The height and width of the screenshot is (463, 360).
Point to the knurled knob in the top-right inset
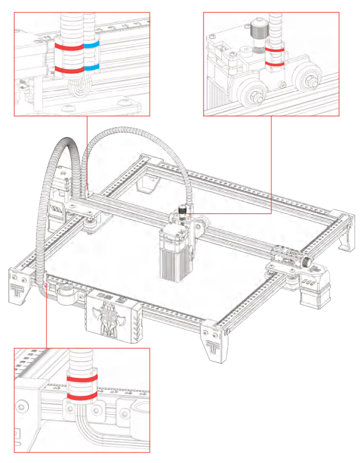255,29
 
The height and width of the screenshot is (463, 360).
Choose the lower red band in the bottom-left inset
81,397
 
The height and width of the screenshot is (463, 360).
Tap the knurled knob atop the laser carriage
182,210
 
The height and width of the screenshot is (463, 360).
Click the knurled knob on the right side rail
305,261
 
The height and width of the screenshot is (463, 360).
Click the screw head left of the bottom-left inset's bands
23,407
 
